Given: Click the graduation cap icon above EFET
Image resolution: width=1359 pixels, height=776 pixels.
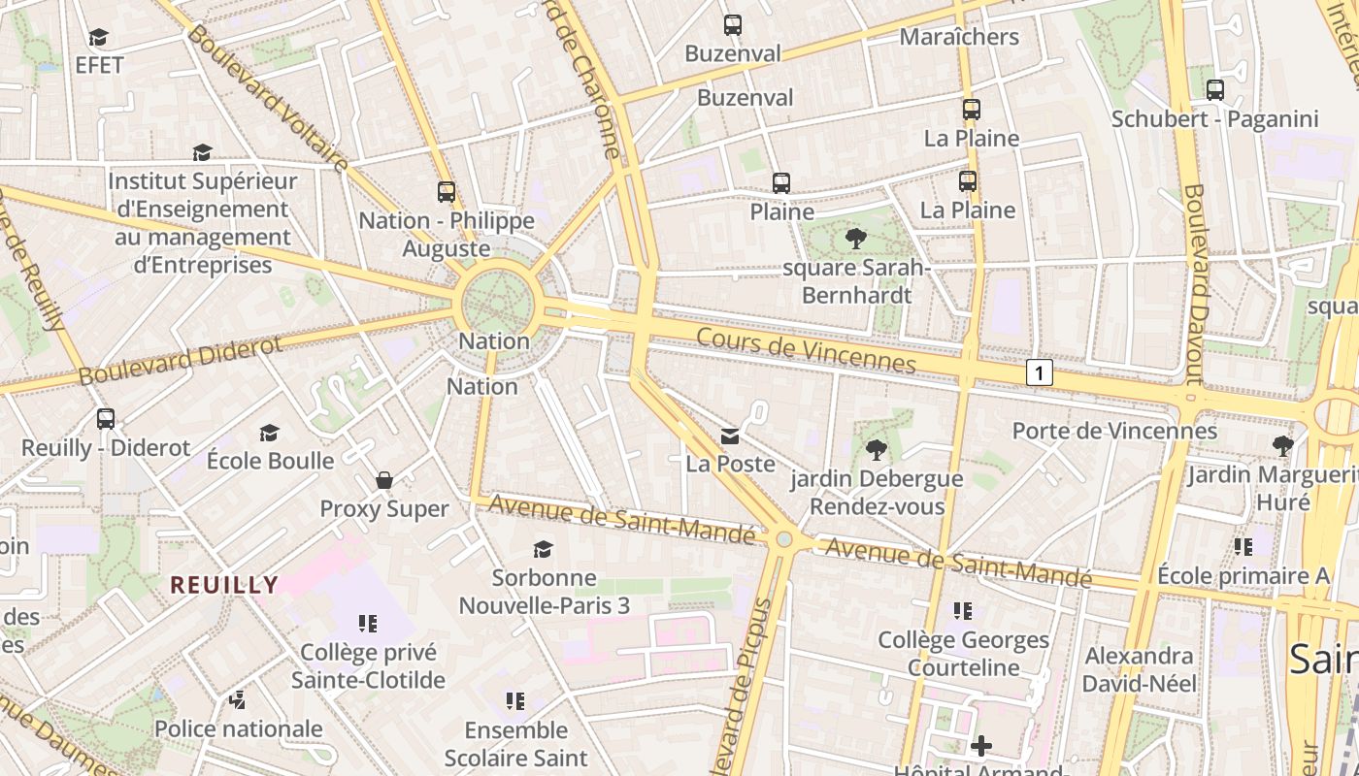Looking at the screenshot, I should point(98,38).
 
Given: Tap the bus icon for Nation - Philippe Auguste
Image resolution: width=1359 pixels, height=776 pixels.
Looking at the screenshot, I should point(447,192).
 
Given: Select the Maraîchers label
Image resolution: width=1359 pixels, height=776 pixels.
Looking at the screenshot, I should point(959,37).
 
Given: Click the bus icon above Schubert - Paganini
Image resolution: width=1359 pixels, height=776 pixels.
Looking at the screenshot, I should point(1214,90).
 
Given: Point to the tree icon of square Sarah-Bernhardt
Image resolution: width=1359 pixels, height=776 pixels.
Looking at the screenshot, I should point(855,238).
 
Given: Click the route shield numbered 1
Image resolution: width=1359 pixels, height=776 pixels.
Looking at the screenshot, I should point(1039,372).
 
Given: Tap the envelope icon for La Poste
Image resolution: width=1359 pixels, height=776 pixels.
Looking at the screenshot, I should point(730,436).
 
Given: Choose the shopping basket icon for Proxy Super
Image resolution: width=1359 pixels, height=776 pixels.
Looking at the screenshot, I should point(384,480).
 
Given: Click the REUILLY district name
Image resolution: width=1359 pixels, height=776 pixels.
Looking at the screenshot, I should point(224,585).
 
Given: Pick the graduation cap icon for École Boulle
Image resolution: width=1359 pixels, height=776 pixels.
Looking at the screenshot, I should point(270,433).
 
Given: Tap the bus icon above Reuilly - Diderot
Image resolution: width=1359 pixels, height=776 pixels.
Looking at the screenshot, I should point(106,419).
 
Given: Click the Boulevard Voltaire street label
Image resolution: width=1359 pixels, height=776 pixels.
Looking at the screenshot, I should point(268,98).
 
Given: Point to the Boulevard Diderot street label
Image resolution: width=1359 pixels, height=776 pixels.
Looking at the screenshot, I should point(181,359).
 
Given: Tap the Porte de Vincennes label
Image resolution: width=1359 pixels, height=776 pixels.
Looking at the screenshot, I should point(1113,431).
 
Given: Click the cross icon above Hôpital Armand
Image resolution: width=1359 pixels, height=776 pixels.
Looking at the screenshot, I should point(981,746).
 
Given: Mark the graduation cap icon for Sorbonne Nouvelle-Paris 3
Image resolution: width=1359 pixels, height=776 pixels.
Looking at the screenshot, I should point(544,549).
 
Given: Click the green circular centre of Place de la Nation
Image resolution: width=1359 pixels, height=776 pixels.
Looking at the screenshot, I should point(497,304).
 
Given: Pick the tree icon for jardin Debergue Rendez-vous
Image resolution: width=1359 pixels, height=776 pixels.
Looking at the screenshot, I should point(876,449).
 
